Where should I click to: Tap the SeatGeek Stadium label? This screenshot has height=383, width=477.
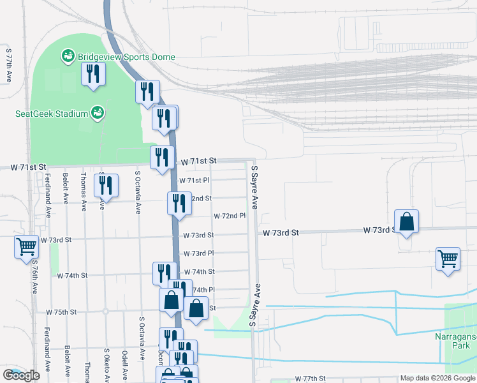51,114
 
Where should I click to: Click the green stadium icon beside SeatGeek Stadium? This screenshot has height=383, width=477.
98,114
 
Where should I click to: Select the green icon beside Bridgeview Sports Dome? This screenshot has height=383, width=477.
67,57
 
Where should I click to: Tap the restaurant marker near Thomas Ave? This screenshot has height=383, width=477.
105,185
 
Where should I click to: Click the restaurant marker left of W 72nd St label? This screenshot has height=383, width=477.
179,202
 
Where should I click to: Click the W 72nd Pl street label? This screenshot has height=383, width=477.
230,216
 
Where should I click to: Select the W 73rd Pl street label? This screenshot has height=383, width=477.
198,253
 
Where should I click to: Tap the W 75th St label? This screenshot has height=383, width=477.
61,312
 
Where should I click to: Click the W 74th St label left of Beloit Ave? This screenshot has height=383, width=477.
72,276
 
